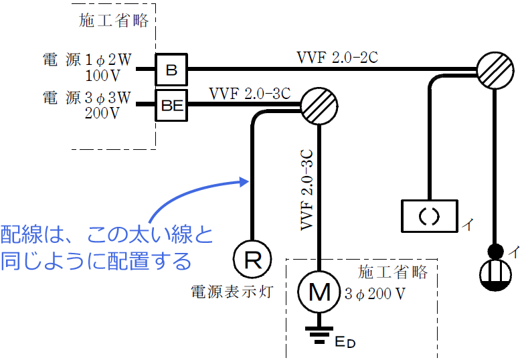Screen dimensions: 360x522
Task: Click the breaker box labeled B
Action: pos(171,69)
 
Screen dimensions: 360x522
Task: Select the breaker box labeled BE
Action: pos(171,104)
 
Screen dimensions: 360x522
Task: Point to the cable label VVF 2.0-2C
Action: pos(337,57)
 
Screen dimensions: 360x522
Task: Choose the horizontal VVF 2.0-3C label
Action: pos(249,93)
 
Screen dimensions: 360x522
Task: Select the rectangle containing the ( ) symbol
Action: pos(429,216)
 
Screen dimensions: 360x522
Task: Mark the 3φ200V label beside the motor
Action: pos(375,293)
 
